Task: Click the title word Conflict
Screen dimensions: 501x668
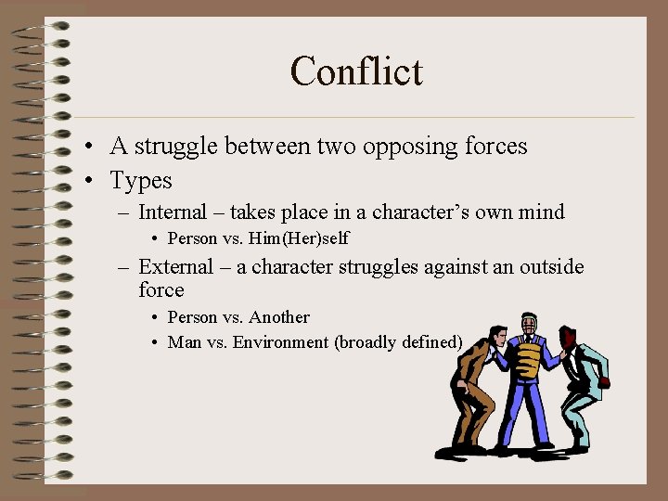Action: point(356,71)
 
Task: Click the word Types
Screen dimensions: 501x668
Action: point(141,180)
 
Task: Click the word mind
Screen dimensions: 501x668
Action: point(542,212)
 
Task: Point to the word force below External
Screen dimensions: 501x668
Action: point(161,290)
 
